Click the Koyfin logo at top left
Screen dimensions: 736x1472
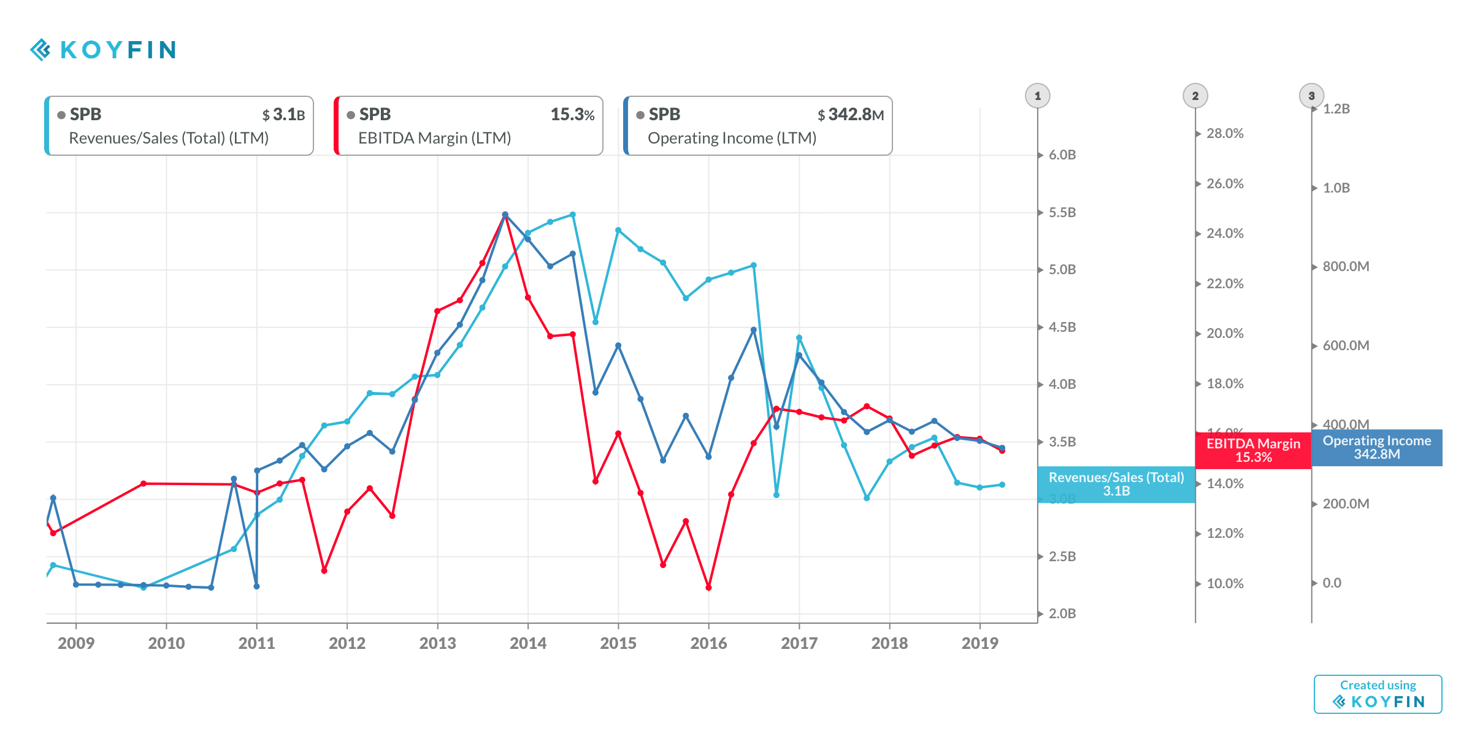click(103, 50)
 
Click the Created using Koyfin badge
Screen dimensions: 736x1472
click(1378, 694)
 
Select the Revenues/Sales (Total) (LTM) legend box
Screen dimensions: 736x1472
click(179, 126)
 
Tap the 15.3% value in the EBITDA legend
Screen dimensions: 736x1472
click(572, 115)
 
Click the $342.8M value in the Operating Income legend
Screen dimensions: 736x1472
click(850, 115)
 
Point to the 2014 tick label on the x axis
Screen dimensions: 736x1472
click(527, 643)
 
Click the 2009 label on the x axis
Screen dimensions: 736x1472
click(76, 643)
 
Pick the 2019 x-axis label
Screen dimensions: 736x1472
click(979, 643)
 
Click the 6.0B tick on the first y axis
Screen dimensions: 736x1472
click(1062, 155)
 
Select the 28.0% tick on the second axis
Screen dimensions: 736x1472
click(1224, 134)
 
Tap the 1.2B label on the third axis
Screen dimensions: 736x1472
click(1336, 109)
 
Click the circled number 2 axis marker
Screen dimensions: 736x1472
click(1195, 96)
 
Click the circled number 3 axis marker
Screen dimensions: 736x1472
click(1311, 96)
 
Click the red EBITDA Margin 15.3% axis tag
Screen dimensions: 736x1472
click(1253, 450)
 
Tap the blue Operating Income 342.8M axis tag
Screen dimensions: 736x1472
click(1376, 448)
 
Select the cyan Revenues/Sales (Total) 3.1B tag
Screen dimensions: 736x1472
click(1116, 485)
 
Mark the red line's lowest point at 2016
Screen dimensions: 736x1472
click(708, 588)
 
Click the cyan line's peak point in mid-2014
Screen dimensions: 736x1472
click(573, 215)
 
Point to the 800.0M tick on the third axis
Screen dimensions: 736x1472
click(1345, 267)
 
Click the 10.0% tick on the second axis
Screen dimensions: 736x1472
click(1224, 584)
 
